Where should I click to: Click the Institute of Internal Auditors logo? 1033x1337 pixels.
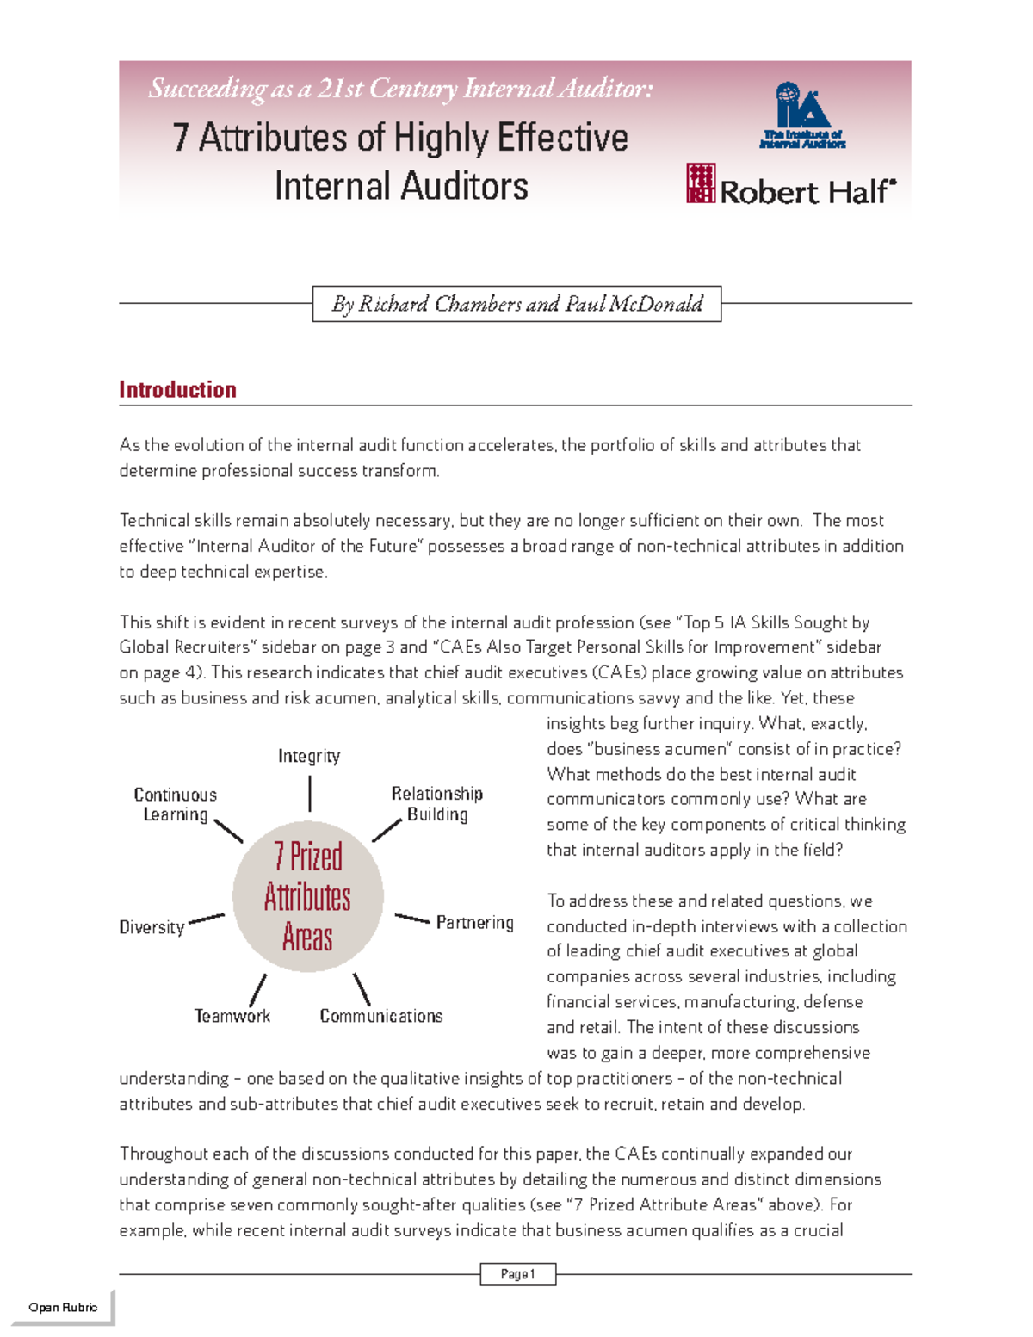coord(802,115)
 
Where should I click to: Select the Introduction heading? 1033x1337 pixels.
coord(177,390)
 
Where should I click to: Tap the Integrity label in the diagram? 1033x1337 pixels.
coord(309,756)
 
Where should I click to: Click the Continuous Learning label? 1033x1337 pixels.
coord(176,804)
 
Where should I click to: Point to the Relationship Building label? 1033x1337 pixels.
coord(437,803)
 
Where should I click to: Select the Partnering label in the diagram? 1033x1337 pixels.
coord(474,922)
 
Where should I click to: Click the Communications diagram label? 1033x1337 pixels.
coord(381,1016)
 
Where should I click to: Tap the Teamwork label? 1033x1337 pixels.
coord(232,1016)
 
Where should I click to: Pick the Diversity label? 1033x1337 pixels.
coord(152,927)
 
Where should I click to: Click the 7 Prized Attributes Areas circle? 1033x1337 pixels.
coord(307,896)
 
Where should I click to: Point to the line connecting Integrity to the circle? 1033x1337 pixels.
coord(310,793)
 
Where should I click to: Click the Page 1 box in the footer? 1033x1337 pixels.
coord(517,1274)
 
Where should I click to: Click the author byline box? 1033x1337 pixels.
coord(516,304)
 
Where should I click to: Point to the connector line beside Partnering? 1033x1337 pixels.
coord(412,919)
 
